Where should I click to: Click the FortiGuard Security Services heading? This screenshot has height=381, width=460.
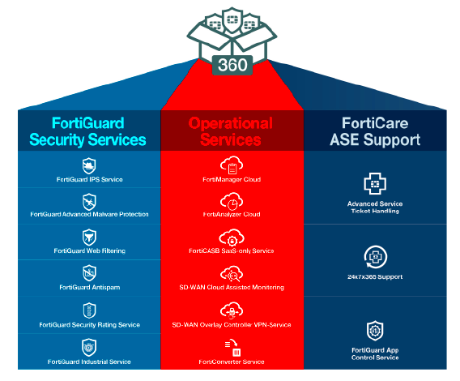click(x=88, y=131)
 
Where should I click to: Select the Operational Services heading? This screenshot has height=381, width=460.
click(x=231, y=131)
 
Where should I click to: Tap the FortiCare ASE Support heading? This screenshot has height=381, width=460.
click(x=373, y=131)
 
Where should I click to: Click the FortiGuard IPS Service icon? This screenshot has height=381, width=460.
click(x=89, y=165)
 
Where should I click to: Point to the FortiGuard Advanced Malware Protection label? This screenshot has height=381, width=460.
click(x=89, y=214)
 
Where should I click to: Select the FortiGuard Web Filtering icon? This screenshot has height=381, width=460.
click(x=89, y=237)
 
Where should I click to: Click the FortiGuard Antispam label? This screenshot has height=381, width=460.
click(x=89, y=287)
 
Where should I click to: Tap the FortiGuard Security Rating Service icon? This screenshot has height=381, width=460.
click(x=89, y=310)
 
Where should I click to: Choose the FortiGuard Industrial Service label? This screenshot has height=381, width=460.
click(x=89, y=362)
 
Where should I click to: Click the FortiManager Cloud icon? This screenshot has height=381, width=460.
click(x=231, y=165)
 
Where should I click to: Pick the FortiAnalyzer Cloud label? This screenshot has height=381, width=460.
click(x=231, y=214)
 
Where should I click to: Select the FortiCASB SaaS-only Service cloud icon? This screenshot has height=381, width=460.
click(x=231, y=238)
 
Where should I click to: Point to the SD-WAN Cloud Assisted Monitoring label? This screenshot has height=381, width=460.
click(x=231, y=287)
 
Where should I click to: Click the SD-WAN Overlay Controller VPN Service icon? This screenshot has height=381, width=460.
click(x=231, y=310)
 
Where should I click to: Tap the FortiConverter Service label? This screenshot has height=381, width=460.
click(x=231, y=362)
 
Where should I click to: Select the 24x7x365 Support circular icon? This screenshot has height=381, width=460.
click(x=374, y=256)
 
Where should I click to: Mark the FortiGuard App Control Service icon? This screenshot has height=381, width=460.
click(x=374, y=331)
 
